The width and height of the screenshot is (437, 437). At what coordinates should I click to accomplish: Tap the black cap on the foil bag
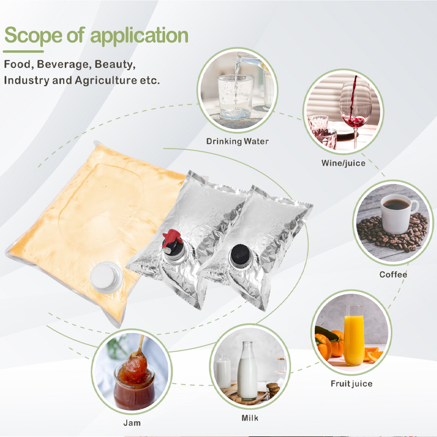[x=241, y=256]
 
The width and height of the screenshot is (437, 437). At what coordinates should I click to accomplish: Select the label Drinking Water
[x=238, y=141]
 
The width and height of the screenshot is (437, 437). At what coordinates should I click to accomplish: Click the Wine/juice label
[x=343, y=163]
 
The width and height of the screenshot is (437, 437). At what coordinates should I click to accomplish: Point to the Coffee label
[x=393, y=275]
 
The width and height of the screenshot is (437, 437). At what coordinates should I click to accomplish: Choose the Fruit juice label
[x=351, y=383]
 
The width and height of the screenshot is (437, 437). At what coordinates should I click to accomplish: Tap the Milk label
[x=250, y=418]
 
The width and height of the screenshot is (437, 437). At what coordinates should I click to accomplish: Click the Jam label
[x=132, y=423]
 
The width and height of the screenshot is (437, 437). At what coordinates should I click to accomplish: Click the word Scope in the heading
[x=33, y=36]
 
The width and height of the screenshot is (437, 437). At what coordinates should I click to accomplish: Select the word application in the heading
[x=139, y=36]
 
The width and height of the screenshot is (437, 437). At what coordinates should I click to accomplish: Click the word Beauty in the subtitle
[x=115, y=64]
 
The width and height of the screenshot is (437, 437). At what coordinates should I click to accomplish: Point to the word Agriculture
[x=106, y=80]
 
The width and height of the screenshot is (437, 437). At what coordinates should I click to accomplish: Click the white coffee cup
[x=398, y=214]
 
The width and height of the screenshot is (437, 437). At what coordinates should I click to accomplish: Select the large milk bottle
[x=247, y=371]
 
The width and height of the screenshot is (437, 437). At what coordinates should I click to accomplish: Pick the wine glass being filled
[x=356, y=111]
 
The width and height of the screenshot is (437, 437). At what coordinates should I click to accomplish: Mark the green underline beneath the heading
[x=23, y=51]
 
